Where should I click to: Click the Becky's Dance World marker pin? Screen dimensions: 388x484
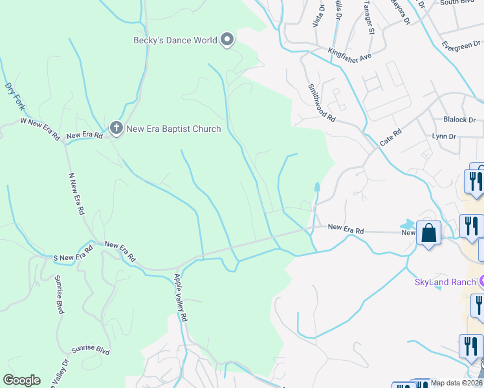tap(227, 40)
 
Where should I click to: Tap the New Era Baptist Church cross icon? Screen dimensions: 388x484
tap(116, 128)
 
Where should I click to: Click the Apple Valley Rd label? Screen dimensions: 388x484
tap(180, 298)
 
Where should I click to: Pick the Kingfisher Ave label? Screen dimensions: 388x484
tap(349, 56)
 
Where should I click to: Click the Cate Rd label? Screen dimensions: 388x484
tap(391, 137)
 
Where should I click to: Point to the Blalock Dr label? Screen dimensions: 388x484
tap(459, 120)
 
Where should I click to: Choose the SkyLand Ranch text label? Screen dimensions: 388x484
tap(445, 282)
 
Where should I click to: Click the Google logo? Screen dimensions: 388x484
tap(21, 380)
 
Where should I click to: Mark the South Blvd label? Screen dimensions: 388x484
tap(457, 3)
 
